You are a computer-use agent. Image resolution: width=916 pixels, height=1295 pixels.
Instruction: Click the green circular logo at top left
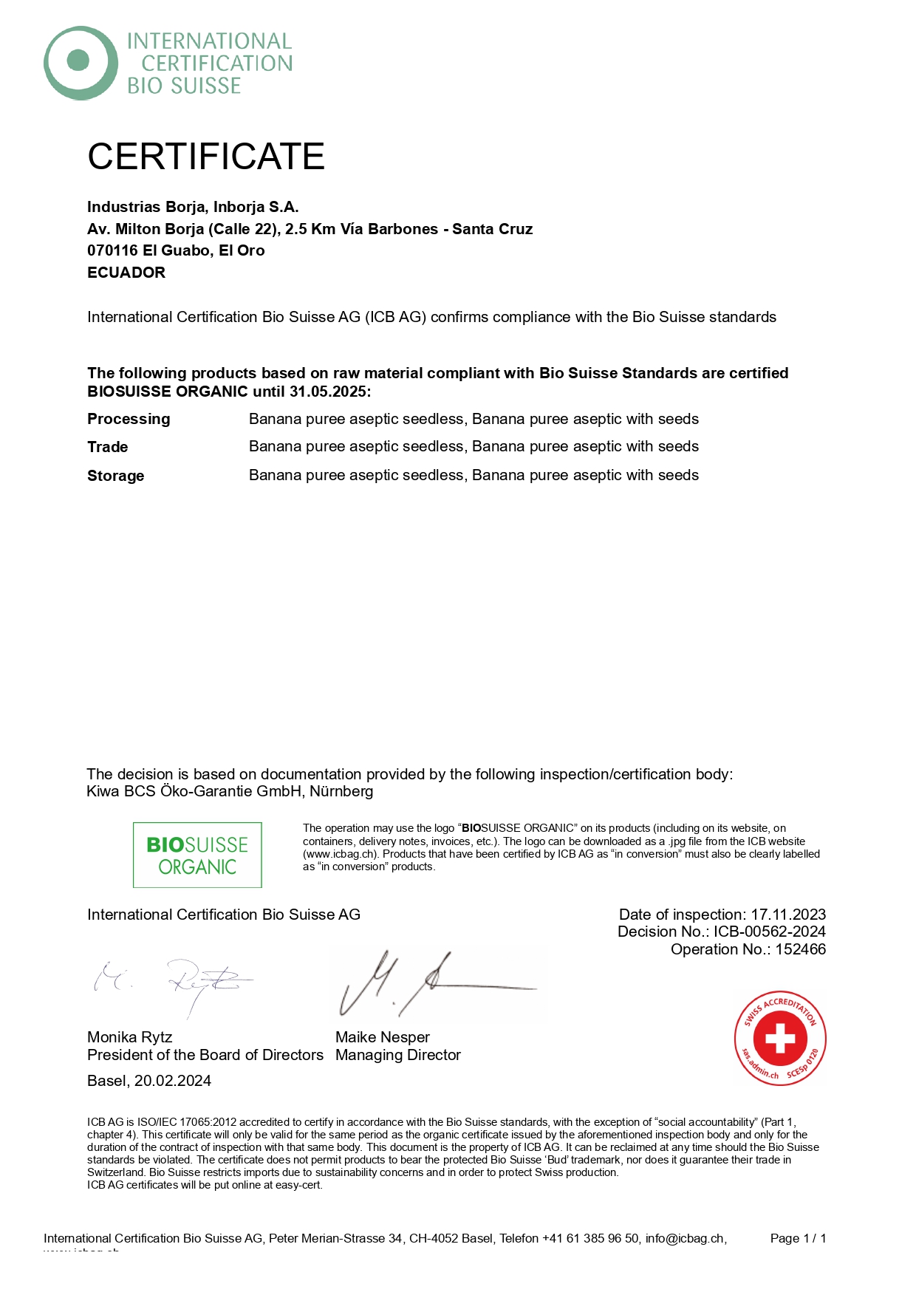(81, 63)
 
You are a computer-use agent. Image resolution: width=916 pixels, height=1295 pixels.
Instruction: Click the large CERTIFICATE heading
(206, 157)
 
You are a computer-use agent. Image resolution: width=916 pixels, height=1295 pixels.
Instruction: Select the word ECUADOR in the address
(126, 273)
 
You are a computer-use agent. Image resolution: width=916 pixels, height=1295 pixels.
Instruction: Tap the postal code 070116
(112, 250)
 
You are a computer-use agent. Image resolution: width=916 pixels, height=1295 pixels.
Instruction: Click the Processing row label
(129, 419)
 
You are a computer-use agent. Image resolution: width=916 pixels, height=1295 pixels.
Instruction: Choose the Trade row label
(108, 447)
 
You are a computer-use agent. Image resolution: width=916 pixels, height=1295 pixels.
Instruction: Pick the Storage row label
(116, 476)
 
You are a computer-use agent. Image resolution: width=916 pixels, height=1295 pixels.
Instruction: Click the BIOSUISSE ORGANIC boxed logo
(197, 855)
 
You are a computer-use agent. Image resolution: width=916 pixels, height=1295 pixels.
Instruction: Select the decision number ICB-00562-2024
(769, 932)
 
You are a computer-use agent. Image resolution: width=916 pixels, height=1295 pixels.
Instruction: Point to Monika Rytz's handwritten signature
(174, 983)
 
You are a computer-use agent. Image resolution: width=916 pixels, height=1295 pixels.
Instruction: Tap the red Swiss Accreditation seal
(780, 1038)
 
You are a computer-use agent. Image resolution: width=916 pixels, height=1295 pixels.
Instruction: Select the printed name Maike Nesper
(382, 1037)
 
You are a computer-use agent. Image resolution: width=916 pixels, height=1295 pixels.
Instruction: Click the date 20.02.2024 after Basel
(173, 1081)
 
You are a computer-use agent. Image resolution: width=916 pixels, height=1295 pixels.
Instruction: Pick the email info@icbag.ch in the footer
(685, 1238)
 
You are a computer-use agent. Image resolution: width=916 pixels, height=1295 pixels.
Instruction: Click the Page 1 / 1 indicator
(798, 1238)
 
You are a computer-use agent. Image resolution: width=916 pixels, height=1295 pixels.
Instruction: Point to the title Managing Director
(397, 1055)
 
